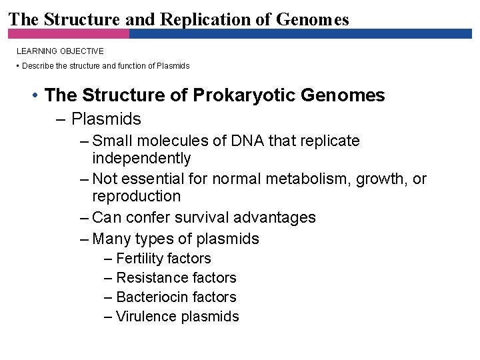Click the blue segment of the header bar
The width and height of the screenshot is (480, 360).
point(300,33)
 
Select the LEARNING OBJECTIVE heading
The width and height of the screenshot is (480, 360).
point(60,51)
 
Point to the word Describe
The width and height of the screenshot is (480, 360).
point(39,66)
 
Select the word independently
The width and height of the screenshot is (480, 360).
point(141,159)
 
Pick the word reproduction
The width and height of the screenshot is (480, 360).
point(136,197)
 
